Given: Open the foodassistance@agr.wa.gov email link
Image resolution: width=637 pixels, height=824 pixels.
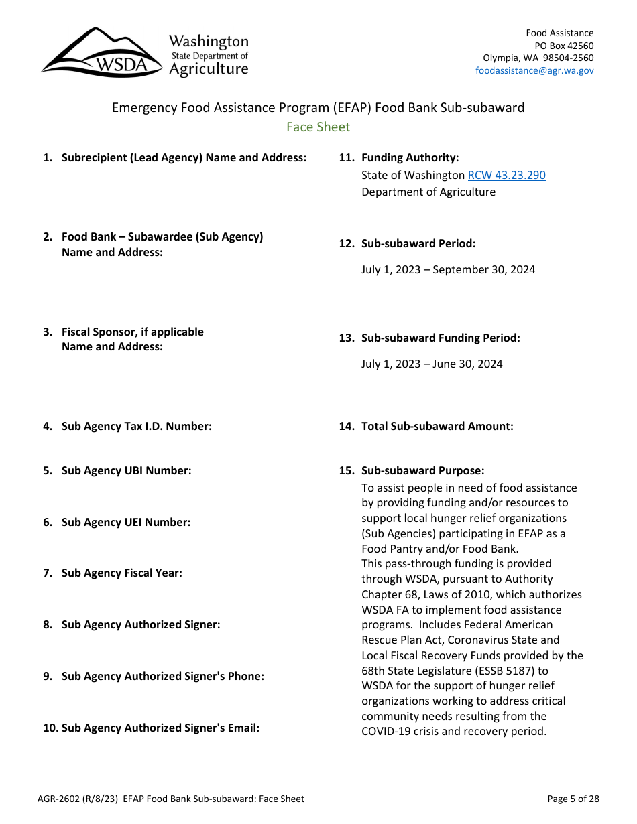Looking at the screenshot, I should (x=534, y=70).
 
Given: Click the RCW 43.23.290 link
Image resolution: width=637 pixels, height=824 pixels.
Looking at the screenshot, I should (x=506, y=175).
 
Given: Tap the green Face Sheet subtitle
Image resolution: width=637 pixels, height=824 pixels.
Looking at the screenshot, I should (x=318, y=127).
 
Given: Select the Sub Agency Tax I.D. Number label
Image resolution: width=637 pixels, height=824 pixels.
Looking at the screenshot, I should (x=136, y=426).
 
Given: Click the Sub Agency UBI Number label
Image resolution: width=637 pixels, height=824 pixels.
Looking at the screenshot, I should (x=126, y=470).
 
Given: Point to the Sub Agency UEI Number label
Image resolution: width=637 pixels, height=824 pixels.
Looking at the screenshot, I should (x=125, y=522).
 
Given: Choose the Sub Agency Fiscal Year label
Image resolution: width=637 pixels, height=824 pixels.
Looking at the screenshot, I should (x=121, y=573).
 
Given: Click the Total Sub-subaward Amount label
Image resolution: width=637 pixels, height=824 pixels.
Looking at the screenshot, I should (x=437, y=426).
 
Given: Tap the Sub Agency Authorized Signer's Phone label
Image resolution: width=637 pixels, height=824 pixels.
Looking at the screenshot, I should (x=162, y=676).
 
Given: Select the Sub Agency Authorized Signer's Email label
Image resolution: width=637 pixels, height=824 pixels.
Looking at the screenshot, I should (x=160, y=728).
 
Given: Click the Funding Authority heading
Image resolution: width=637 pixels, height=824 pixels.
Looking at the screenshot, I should (x=410, y=157).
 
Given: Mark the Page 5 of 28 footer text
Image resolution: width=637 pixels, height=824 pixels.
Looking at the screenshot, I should (x=573, y=799).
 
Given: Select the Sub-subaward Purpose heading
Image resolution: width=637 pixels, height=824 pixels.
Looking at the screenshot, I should (x=422, y=470).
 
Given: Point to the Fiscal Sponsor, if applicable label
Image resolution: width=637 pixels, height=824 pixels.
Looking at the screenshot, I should (x=132, y=332).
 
